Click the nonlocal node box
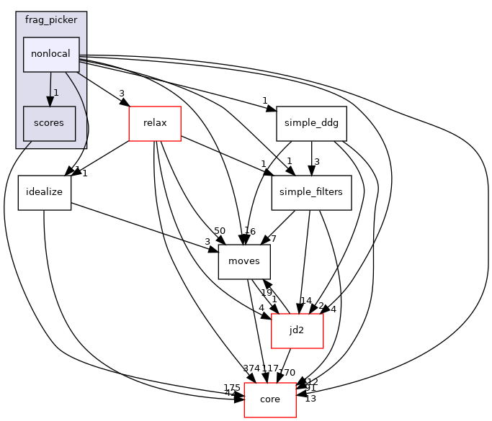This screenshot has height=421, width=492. point(51,55)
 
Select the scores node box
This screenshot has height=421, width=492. point(49,124)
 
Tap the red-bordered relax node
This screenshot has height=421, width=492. point(155,123)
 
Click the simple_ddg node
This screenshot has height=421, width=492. point(311,124)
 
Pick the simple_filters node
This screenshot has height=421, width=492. point(311,192)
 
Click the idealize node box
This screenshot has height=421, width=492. point(44,192)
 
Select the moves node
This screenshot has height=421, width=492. point(244,261)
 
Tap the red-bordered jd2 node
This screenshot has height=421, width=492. point(296,330)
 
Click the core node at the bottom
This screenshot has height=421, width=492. point(270,399)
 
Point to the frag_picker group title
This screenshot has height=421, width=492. point(51,19)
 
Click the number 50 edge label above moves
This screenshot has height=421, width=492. point(220,230)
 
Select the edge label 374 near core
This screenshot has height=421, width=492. point(252,368)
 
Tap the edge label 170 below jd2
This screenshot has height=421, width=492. point(287,373)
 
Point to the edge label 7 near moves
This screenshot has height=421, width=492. point(273,238)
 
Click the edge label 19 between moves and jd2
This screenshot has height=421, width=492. point(266,293)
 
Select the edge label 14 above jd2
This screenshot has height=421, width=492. point(305,301)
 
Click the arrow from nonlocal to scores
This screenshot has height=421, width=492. point(50,89)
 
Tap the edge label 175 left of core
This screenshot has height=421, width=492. point(232,388)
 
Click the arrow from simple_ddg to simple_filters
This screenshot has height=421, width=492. point(311,158)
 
